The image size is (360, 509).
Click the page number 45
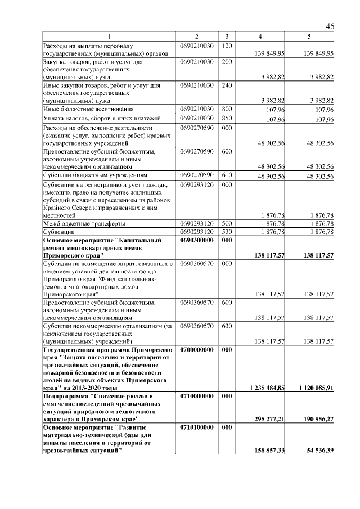point(330,27)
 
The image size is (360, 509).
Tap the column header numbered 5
point(309,37)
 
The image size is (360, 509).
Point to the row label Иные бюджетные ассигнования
point(84,109)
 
